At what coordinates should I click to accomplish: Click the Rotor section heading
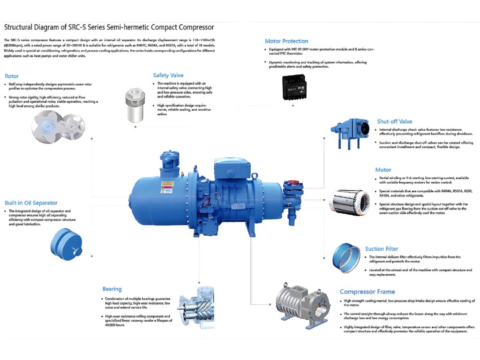(12, 76)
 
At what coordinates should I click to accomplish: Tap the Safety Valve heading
(168, 75)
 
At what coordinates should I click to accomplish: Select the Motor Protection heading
(286, 41)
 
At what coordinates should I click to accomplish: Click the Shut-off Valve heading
(394, 122)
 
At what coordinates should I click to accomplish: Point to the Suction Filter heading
(382, 249)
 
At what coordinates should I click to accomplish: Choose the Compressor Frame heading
(367, 292)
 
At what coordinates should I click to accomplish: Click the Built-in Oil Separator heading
(31, 203)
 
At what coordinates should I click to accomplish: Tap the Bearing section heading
(112, 289)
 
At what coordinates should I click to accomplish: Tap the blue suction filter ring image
(346, 257)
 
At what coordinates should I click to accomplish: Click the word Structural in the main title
(20, 28)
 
